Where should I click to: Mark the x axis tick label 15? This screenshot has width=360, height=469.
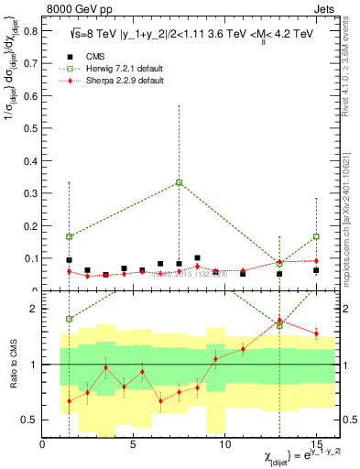[x=316, y=445]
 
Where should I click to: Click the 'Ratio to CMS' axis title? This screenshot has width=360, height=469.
[x=12, y=365]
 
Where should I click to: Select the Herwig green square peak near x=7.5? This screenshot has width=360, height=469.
[x=179, y=182]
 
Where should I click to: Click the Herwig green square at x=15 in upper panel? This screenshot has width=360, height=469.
[x=316, y=236]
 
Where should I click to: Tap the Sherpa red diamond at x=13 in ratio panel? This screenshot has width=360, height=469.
[x=279, y=320]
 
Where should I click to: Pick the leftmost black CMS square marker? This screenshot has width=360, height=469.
[x=69, y=260]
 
